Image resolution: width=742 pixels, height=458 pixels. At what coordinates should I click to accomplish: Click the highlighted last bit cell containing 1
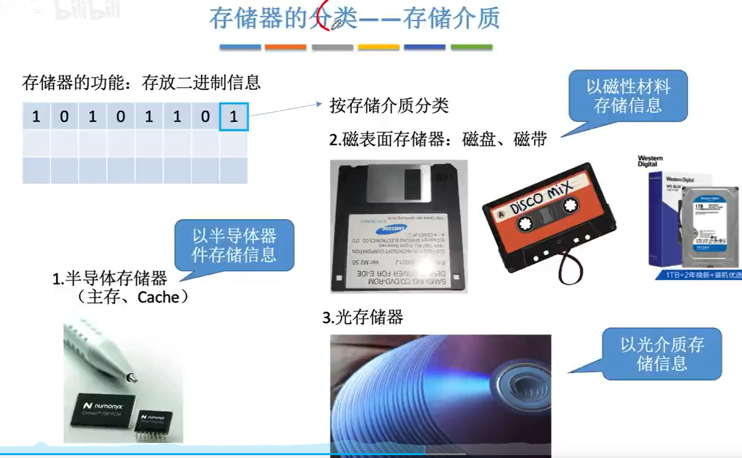(234, 117)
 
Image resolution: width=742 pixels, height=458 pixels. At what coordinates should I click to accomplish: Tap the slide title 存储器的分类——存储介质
(354, 19)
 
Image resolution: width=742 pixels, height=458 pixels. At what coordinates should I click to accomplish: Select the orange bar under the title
(285, 47)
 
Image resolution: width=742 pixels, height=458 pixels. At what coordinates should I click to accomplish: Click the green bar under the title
(471, 47)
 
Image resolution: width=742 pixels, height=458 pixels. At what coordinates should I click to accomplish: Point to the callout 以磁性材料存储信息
(628, 96)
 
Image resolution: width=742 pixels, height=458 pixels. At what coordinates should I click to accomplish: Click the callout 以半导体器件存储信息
(234, 245)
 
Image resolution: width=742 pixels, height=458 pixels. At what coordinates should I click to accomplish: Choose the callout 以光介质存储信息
(662, 354)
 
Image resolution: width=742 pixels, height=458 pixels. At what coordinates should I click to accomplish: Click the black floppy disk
(398, 226)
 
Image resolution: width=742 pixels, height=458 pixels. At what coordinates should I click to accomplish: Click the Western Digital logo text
(650, 161)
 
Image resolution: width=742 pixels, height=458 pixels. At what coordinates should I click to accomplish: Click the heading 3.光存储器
(363, 317)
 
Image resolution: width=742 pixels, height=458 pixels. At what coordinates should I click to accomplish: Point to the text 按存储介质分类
(389, 106)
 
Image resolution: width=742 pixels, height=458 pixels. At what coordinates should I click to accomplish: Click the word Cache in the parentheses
(158, 297)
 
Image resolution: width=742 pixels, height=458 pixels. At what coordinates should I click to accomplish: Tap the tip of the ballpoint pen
(132, 379)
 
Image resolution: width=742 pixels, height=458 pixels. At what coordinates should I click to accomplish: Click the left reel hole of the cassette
(525, 224)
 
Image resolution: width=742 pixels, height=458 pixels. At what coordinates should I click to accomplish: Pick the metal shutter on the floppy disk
(398, 184)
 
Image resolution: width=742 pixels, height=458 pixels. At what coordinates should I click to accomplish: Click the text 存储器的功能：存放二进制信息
(141, 83)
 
